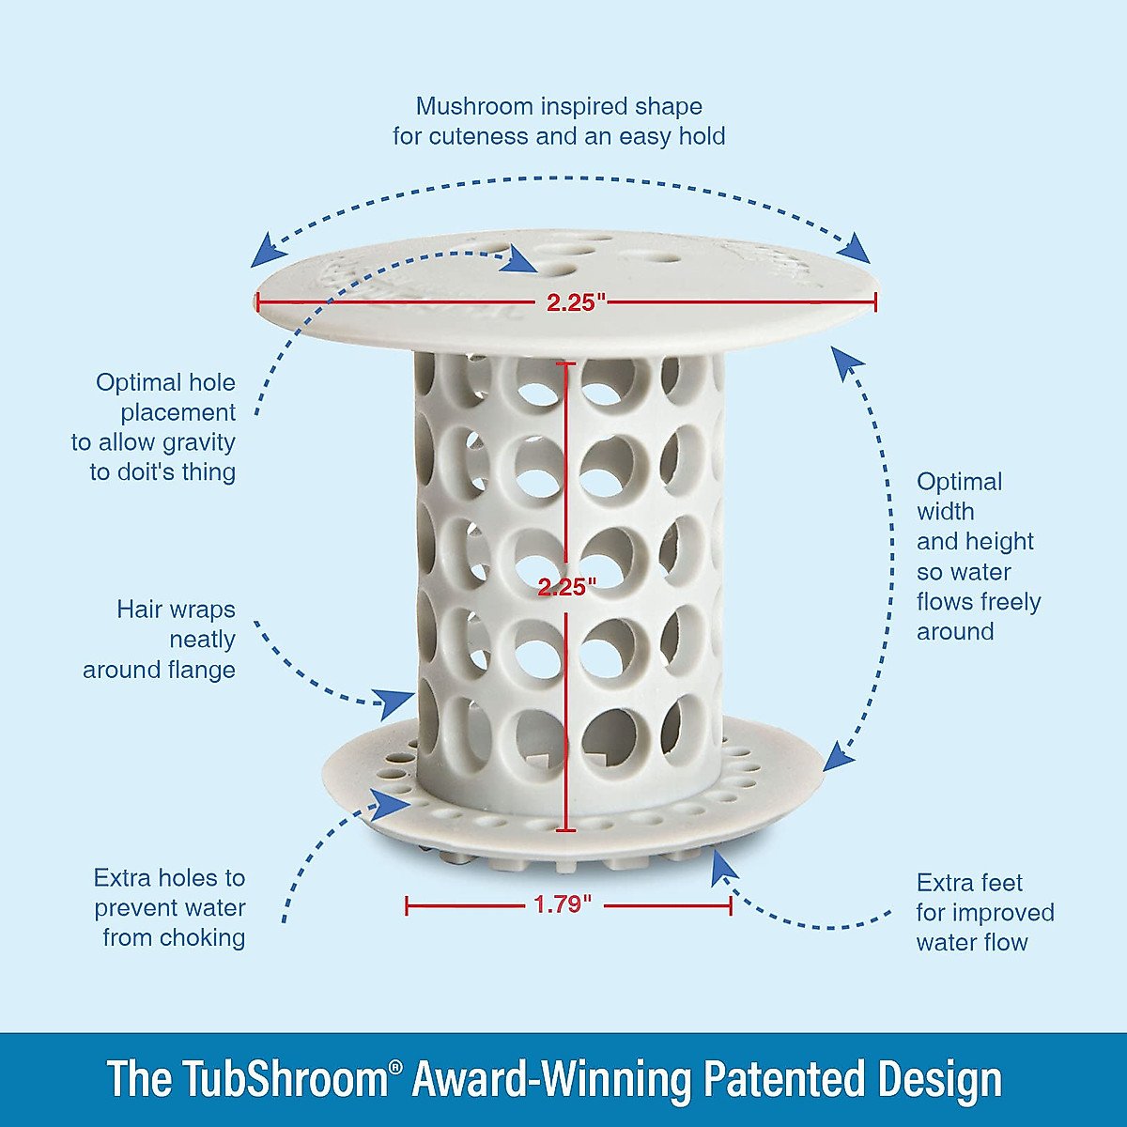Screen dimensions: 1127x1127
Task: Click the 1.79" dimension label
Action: [x=563, y=904]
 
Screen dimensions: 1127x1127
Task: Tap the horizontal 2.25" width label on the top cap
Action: [x=577, y=302]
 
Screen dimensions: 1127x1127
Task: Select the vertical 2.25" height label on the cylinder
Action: [x=567, y=587]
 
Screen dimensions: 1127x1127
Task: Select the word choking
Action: [x=202, y=937]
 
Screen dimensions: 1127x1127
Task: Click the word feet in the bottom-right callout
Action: [x=1001, y=883]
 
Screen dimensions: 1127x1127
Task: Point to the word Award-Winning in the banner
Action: [x=552, y=1079]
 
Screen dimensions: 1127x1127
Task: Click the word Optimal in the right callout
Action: [x=959, y=482]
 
